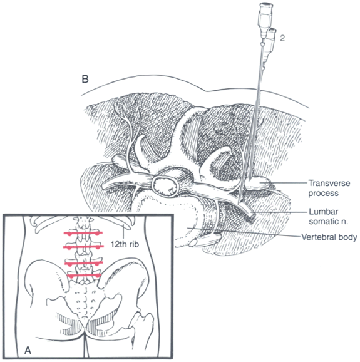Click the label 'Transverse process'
pos(329,188)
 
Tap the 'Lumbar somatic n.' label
pos(329,216)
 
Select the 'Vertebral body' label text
pos(329,237)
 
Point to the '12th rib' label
pos(125,244)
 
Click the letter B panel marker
pos(85,79)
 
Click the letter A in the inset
pos(28,351)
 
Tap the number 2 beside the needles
pos(282,38)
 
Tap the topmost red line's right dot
pos(98,234)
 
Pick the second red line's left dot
pos(69,248)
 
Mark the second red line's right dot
pos(98,247)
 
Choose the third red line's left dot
pos(69,264)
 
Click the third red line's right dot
pos(98,264)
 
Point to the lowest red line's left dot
pos(72,276)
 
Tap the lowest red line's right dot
pos(98,276)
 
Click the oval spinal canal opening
pos(165,185)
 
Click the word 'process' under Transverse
pos(323,193)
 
